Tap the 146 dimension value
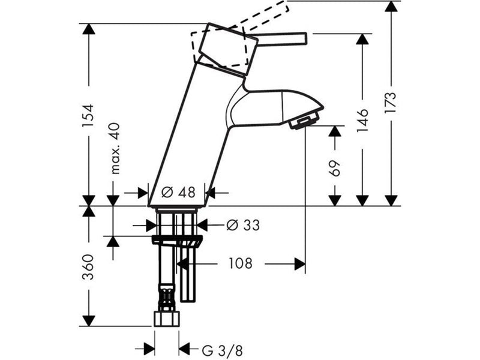pyautogui.click(x=363, y=120)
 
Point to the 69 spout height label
pyautogui.click(x=335, y=168)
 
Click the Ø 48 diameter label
pyautogui.click(x=178, y=192)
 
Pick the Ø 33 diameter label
pyautogui.click(x=243, y=226)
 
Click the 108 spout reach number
pyautogui.click(x=241, y=263)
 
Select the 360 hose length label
pyautogui.click(x=88, y=267)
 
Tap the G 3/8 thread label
pyautogui.click(x=223, y=350)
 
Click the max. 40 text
pyautogui.click(x=115, y=148)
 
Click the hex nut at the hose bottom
pyautogui.click(x=167, y=319)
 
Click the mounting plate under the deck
pyautogui.click(x=177, y=239)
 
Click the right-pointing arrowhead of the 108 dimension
pyautogui.click(x=300, y=263)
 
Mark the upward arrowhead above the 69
pyautogui.click(x=335, y=131)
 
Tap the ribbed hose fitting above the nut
pyautogui.click(x=167, y=298)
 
